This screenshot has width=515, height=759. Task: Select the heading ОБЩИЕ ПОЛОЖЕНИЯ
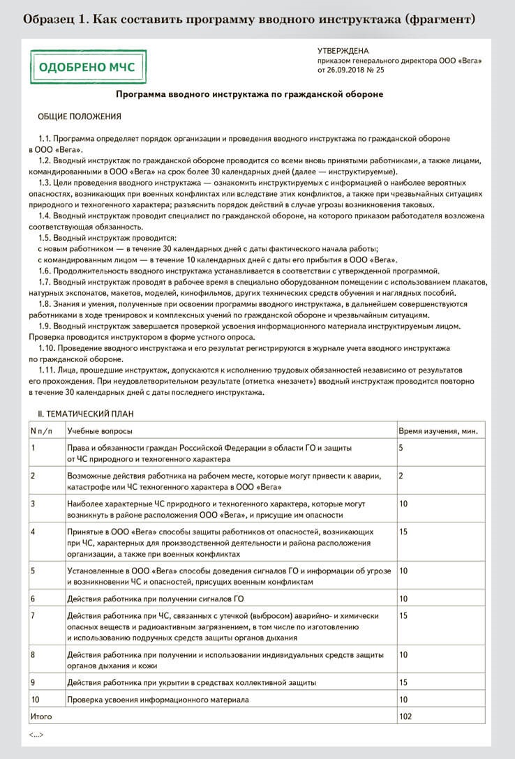(x=79, y=117)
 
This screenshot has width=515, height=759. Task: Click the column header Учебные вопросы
(x=100, y=431)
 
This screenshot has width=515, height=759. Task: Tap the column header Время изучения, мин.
(x=438, y=431)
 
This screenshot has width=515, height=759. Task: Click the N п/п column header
(x=42, y=431)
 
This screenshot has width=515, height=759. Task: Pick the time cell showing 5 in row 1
(x=401, y=448)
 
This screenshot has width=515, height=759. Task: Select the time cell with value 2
(x=401, y=476)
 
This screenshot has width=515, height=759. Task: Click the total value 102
(x=405, y=716)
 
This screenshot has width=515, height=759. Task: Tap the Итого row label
(x=41, y=716)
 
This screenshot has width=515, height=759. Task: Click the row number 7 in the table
(x=33, y=616)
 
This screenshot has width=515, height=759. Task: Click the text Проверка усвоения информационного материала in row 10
(x=158, y=699)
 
